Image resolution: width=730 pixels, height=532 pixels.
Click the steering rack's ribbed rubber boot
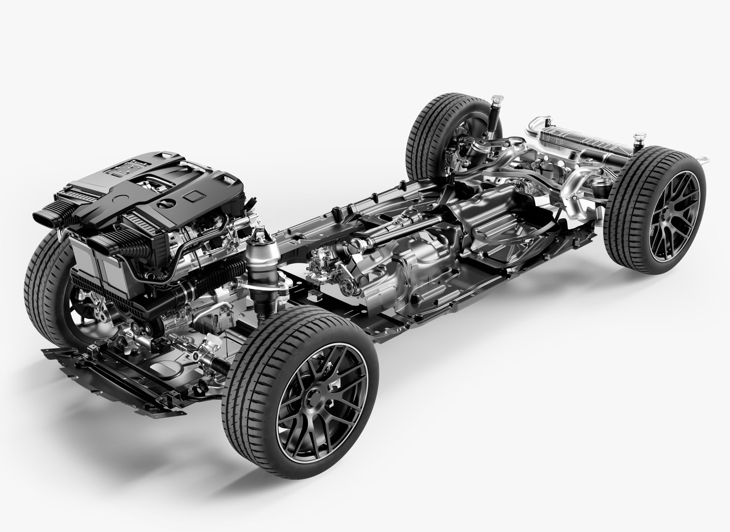(x=217, y=362)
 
